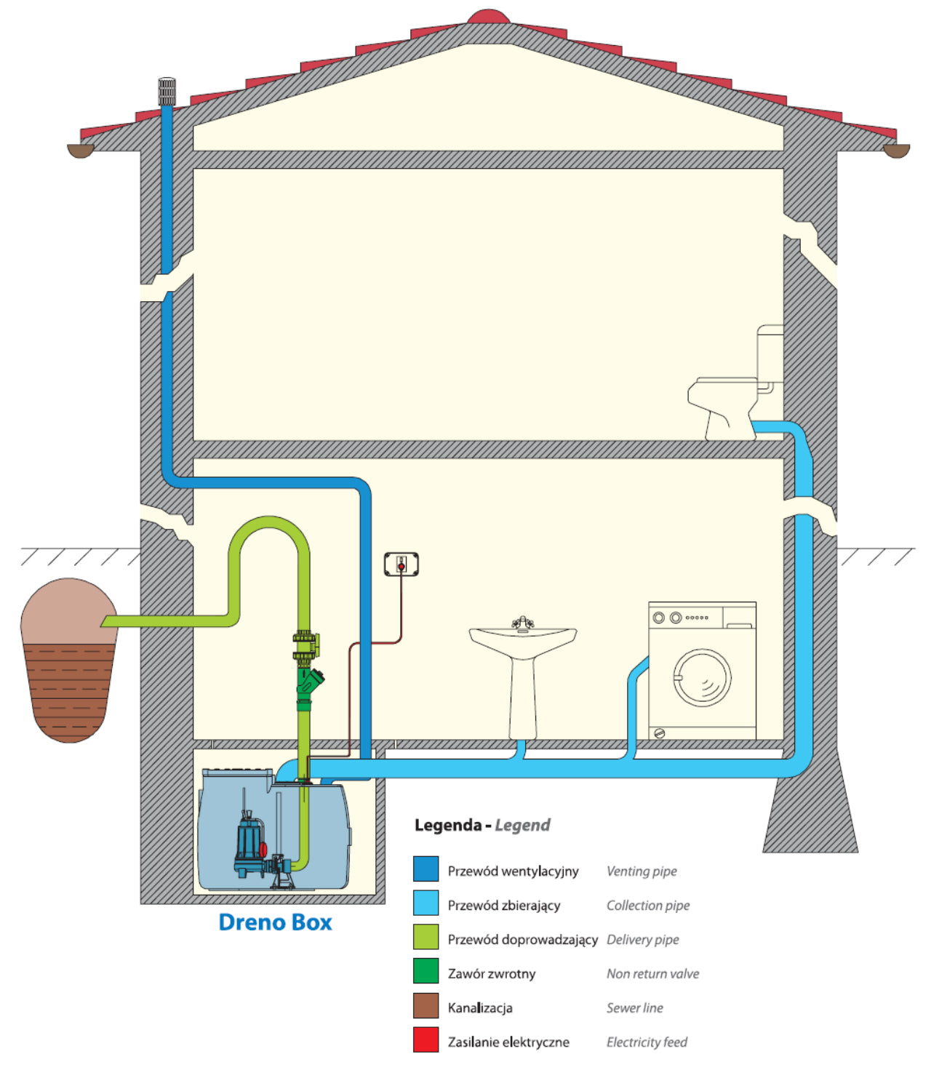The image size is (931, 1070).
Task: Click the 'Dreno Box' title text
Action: [x=275, y=922]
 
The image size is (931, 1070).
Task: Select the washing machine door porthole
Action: [x=702, y=678]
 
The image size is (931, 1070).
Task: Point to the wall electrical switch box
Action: [x=401, y=564]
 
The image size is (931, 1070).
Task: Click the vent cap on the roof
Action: [x=167, y=91]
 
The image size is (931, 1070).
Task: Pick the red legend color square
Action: [x=425, y=1039]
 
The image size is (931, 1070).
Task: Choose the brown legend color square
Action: [x=425, y=1005]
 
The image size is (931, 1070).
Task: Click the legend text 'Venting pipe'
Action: [x=642, y=871]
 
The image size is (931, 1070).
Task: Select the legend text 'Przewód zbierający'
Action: [x=503, y=905]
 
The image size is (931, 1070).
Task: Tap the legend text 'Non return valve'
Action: [x=652, y=973]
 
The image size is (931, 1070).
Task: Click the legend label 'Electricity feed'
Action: [x=647, y=1042]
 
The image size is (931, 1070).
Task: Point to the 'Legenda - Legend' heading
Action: [x=482, y=825]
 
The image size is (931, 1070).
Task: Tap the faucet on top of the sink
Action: [x=522, y=623]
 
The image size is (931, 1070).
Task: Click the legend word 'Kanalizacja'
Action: [x=480, y=1007]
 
